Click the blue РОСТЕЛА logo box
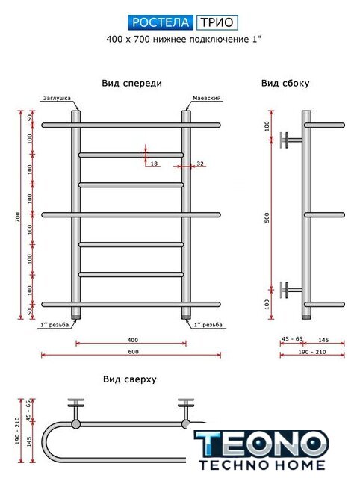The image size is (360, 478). pos(161,22)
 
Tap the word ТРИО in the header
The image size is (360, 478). pos(217,22)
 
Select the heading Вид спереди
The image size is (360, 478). pos(131,83)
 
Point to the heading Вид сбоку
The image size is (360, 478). pos(285,83)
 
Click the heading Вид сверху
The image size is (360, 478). pos(130,379)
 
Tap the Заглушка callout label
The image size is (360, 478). pos(57,98)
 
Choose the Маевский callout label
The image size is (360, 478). pos(207,98)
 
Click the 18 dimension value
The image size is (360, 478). pos(155,164)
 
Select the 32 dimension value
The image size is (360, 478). pos(200,164)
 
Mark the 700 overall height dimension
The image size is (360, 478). pos(18,217)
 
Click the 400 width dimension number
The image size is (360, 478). pos(133,340)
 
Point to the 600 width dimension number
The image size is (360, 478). pos(133,352)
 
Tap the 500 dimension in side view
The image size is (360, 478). pos(267,217)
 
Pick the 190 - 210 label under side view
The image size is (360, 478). pos(312,352)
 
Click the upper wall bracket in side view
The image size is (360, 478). pos(291,140)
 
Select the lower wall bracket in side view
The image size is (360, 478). pos(291,289)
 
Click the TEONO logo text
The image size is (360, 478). pos(261,444)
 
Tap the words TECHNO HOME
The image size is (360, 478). pos(262,465)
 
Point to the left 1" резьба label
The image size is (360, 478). pos(55,325)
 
